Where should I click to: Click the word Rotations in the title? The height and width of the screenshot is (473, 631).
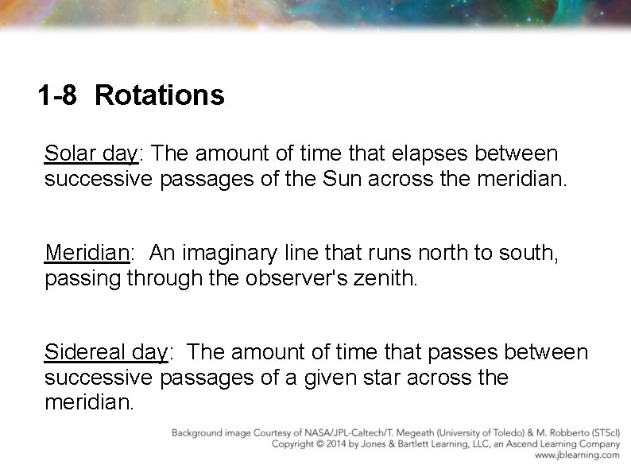click(159, 96)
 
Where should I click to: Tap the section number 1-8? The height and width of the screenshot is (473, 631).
click(57, 96)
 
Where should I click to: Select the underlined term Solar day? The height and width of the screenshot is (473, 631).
click(91, 153)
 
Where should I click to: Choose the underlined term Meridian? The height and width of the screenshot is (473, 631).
click(87, 254)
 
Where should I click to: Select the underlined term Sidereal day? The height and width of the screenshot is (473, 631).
click(106, 352)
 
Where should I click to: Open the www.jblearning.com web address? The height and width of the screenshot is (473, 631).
click(577, 456)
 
